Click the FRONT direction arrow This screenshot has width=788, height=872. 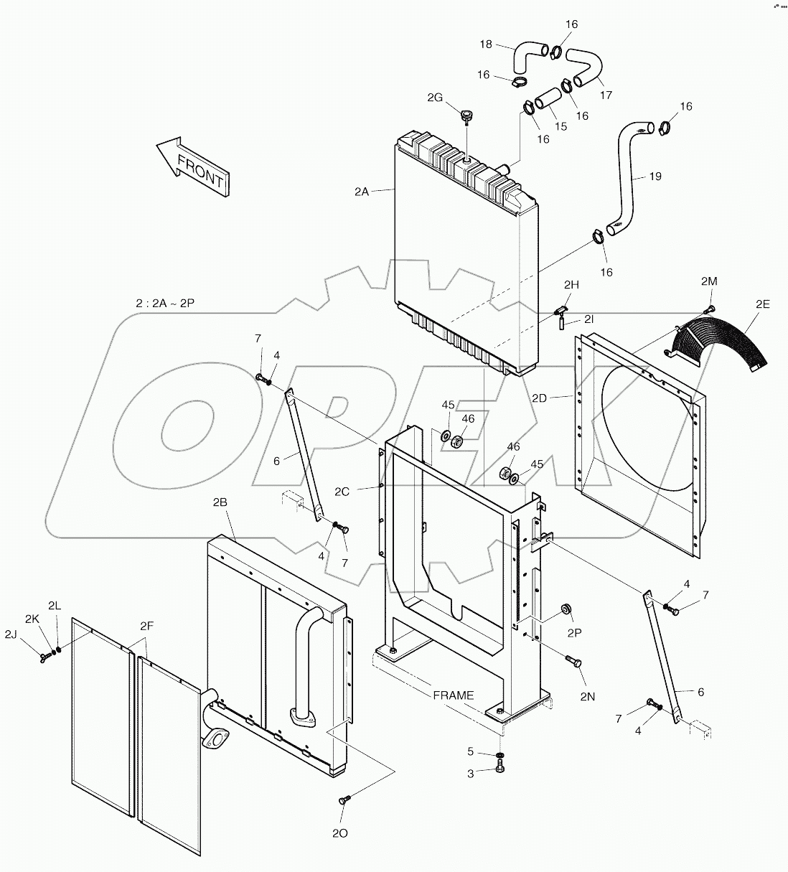point(192,164)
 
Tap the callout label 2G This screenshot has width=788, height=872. point(435,98)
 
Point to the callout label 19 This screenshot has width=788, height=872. point(655,177)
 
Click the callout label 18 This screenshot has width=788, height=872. point(487,44)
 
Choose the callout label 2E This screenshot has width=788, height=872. point(762,304)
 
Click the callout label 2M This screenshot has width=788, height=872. point(708,281)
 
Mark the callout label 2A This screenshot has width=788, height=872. point(362,192)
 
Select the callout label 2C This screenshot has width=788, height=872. point(342,492)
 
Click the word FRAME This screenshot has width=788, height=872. point(454,695)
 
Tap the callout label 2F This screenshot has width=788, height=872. point(146,627)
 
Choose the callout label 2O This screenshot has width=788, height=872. point(340,834)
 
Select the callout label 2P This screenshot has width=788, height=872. point(573,634)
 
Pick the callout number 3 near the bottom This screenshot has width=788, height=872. point(471,774)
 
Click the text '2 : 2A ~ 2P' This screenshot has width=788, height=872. point(165,304)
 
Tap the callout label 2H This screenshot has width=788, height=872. point(571,285)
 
